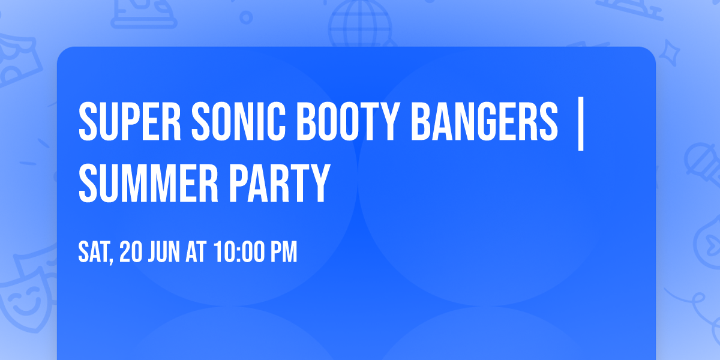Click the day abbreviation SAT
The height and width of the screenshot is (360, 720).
[95, 253]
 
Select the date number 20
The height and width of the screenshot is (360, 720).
[131, 253]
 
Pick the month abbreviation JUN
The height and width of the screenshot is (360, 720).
[165, 253]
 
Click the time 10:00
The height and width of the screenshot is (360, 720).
[236, 253]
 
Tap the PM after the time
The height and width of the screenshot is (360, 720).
[283, 253]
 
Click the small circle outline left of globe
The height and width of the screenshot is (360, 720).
[245, 18]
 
